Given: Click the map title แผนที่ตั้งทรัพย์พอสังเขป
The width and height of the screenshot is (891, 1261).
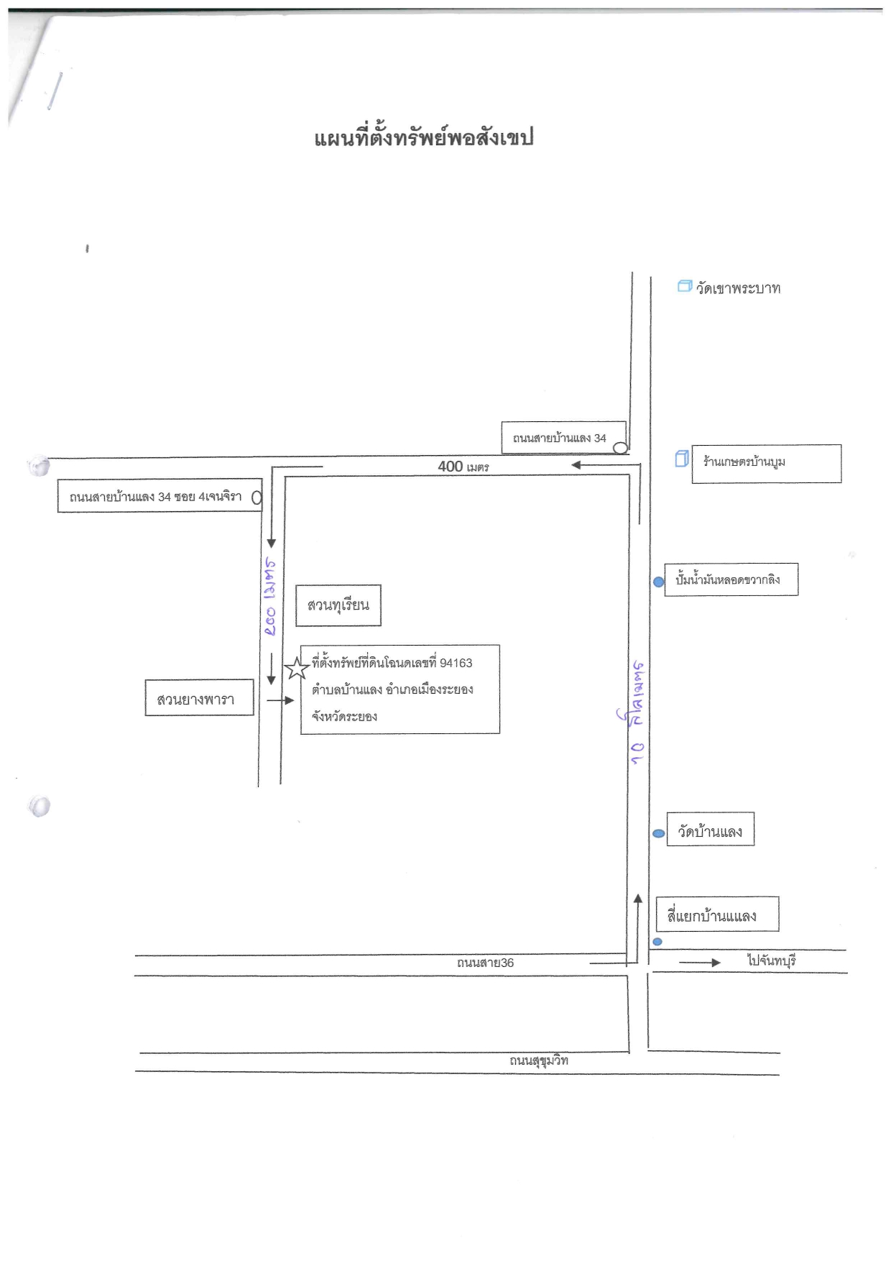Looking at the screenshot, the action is tap(423, 138).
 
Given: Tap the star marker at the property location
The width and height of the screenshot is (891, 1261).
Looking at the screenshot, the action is tap(297, 669).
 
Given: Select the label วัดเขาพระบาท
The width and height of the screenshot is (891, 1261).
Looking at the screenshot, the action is tap(738, 288).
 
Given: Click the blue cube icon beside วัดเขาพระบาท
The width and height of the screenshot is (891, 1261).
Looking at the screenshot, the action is tap(685, 286).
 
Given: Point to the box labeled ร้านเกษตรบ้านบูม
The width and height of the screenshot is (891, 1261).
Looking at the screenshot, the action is tap(767, 464).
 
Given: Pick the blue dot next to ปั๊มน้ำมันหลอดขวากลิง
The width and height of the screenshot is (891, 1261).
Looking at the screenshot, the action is tap(658, 582).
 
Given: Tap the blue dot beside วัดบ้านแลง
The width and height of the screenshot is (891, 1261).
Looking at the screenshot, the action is tap(658, 833).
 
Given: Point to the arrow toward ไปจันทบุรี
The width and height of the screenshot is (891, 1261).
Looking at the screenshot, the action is tap(700, 963).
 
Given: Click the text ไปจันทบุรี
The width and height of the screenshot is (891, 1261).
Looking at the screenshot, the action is tap(772, 960).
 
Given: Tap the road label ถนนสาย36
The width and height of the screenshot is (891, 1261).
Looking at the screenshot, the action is tap(486, 963).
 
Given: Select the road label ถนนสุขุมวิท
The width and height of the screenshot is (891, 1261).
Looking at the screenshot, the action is tap(539, 1060).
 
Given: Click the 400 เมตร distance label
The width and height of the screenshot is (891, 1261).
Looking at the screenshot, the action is tap(463, 467).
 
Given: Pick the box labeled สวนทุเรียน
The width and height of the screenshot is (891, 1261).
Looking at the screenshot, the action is tap(338, 605).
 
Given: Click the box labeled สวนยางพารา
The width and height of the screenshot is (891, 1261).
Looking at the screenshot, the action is tap(200, 697).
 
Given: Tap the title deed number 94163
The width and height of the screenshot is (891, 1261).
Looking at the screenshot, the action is tap(456, 663).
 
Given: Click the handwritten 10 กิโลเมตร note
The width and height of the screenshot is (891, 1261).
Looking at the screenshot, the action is tap(637, 712).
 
